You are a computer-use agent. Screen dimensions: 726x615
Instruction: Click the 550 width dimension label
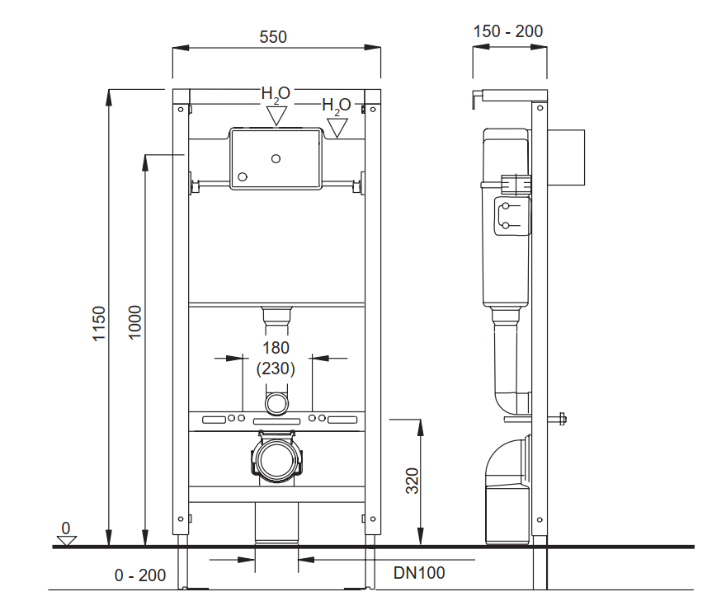pos(273,37)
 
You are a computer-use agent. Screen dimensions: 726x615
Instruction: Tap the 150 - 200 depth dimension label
pos(508,31)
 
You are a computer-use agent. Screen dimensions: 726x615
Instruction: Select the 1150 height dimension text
pos(99,323)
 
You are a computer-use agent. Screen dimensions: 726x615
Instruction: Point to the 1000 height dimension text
pos(134,322)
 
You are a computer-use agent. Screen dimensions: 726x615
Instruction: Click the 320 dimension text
pos(412,481)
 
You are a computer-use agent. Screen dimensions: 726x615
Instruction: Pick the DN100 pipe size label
pos(419,573)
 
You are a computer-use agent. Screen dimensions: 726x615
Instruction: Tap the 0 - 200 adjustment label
pos(139,575)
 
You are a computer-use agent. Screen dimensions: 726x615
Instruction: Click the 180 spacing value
pos(276,348)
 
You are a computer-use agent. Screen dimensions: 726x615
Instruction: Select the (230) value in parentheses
pos(276,369)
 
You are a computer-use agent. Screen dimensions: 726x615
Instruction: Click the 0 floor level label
pos(66,528)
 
